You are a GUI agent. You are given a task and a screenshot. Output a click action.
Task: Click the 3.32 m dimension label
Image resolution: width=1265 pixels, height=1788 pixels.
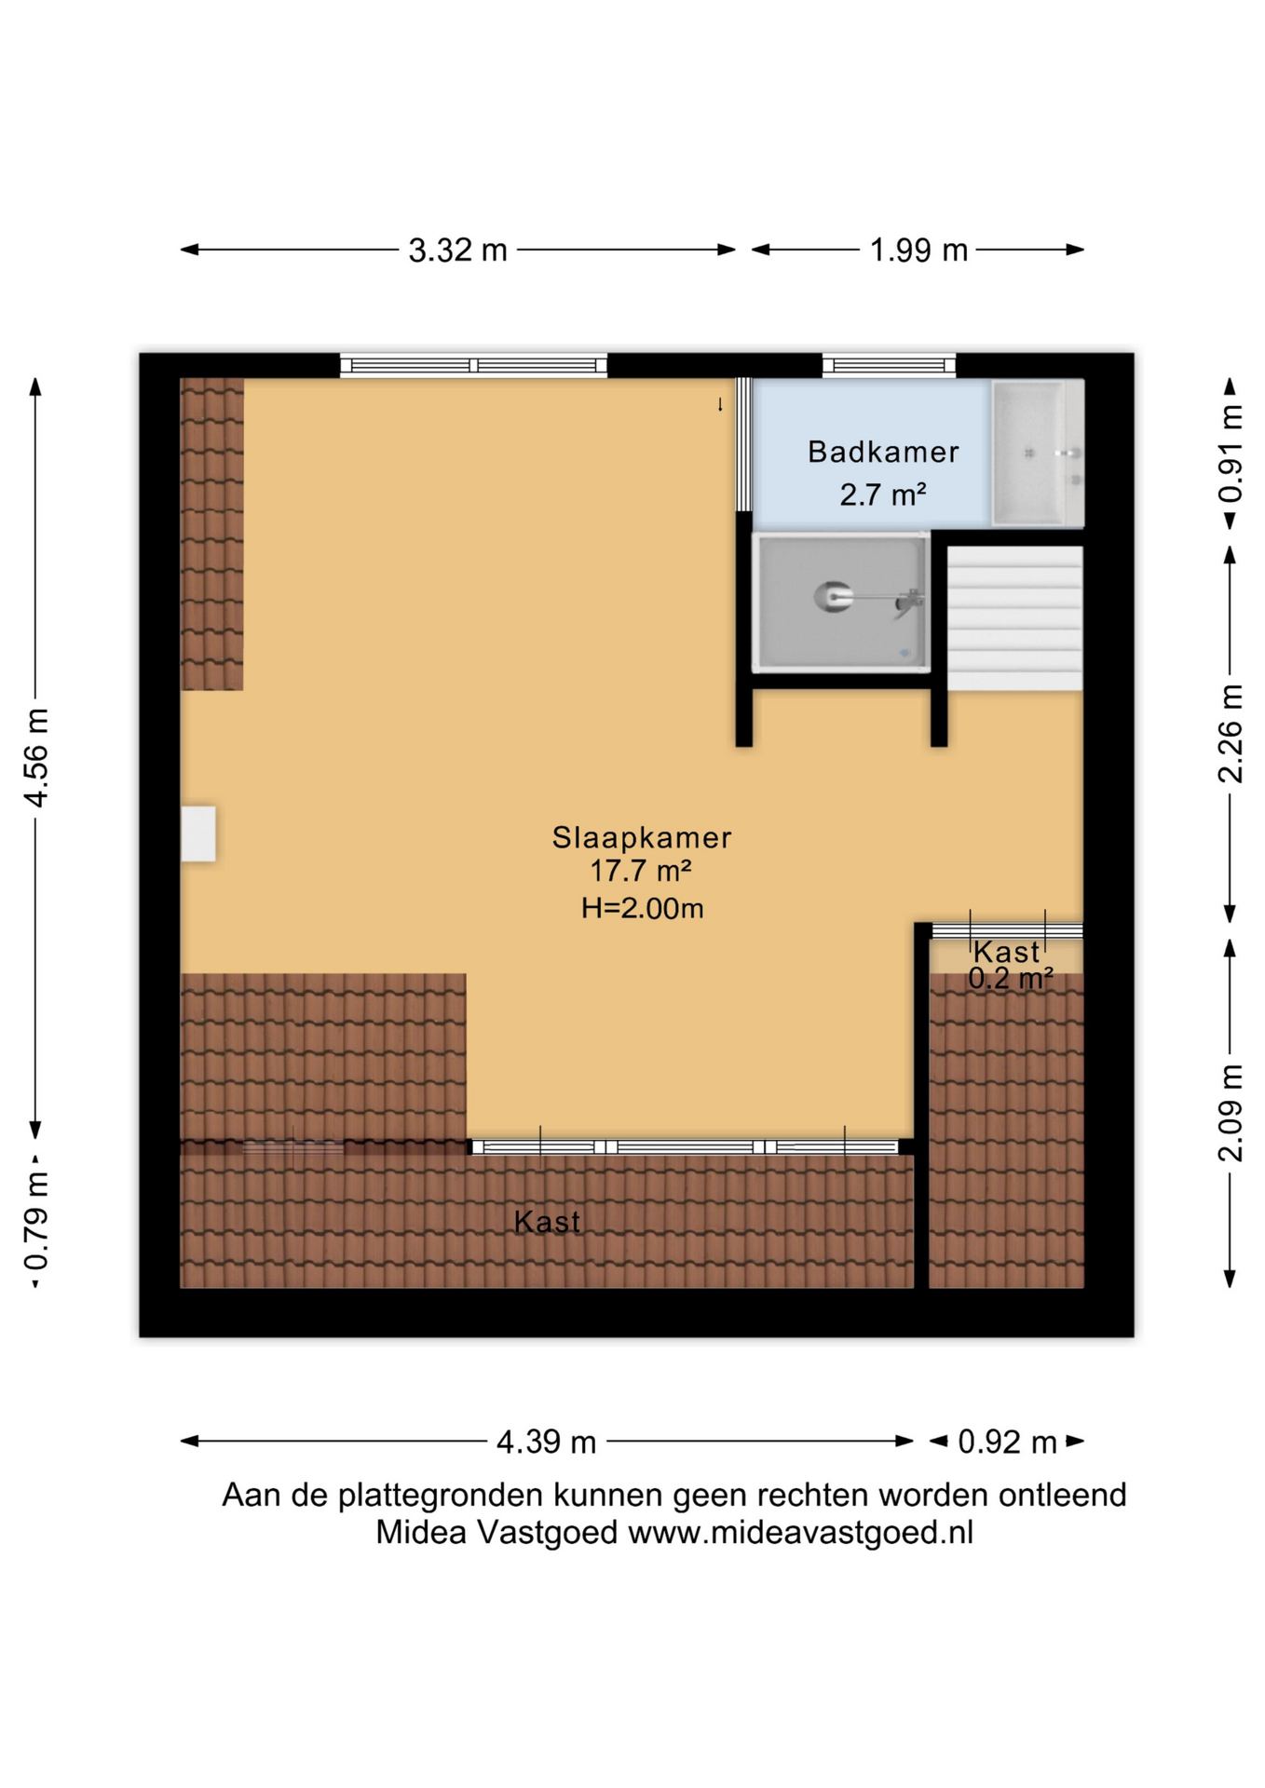[x=457, y=251]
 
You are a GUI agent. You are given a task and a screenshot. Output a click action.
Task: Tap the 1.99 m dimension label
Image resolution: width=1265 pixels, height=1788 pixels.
[x=918, y=251]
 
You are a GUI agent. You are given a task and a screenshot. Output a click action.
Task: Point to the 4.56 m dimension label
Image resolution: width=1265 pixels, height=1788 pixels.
[x=36, y=757]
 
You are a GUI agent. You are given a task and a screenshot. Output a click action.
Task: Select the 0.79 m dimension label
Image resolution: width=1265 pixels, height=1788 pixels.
[x=36, y=1222]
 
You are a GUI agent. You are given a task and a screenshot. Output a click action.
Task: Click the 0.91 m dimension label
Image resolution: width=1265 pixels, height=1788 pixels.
[x=1231, y=454]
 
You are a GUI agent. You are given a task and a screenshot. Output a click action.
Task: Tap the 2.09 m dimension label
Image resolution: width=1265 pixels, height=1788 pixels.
[x=1231, y=1113]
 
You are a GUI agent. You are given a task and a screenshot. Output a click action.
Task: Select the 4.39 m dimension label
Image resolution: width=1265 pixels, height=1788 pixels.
[x=546, y=1443]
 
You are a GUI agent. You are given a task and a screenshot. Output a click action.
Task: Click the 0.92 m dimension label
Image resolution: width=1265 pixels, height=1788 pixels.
[x=1007, y=1443]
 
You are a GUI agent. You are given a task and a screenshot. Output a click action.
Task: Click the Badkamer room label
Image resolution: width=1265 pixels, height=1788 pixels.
[x=883, y=452]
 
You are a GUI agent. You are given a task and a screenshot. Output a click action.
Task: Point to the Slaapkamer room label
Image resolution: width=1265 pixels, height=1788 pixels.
[x=642, y=837]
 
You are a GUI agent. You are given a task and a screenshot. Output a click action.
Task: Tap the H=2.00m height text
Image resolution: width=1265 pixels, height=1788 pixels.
[x=642, y=908]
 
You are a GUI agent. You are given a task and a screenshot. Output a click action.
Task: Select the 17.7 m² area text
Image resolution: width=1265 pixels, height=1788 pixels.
[x=640, y=872]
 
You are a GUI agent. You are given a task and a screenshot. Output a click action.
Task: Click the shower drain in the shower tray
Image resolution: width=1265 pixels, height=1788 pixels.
[x=905, y=654]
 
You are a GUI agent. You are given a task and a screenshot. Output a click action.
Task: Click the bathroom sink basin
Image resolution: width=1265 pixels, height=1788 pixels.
[x=1029, y=454]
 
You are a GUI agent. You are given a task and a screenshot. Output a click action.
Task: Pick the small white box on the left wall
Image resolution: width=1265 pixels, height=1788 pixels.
[x=198, y=833]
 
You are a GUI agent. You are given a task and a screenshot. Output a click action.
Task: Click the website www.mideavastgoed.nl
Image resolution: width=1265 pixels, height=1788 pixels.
[x=800, y=1532]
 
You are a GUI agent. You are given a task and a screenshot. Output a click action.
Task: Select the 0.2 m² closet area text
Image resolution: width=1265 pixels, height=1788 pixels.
[x=1011, y=978]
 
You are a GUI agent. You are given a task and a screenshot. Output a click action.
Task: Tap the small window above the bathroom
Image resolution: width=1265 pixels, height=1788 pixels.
[x=890, y=365]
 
